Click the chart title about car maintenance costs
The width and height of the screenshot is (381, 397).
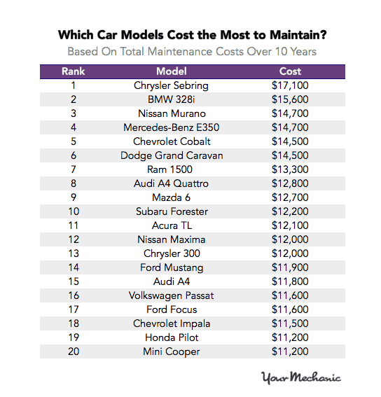click(191, 34)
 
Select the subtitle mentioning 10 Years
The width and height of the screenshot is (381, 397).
click(191, 52)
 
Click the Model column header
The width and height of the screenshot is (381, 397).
click(172, 71)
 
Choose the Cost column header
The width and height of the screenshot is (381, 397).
click(290, 71)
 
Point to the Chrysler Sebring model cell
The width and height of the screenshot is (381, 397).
click(172, 85)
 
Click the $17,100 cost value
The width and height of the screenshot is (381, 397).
click(290, 85)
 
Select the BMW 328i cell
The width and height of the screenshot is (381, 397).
click(172, 99)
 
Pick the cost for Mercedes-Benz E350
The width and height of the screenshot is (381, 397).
click(290, 127)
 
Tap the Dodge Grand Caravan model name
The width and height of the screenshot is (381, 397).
click(172, 155)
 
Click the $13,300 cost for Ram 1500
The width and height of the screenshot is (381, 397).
click(290, 169)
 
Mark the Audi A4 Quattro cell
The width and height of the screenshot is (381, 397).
click(172, 183)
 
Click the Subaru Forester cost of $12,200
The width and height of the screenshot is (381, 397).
click(290, 211)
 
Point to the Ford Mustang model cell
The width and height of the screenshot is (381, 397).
click(172, 267)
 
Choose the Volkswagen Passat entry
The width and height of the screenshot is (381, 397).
click(172, 295)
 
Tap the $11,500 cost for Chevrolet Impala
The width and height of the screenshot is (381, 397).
click(290, 323)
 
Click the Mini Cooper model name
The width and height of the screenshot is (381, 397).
click(172, 351)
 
